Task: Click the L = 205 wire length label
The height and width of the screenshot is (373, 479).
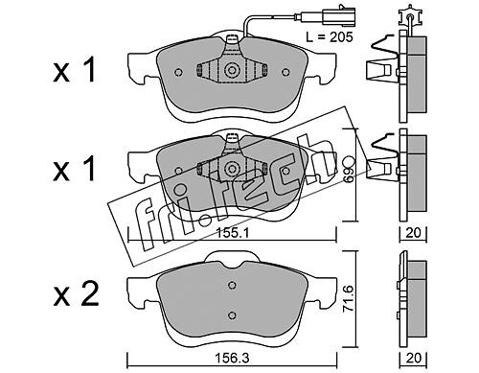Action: (x=330, y=37)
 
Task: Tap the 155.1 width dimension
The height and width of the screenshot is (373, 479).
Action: (x=232, y=233)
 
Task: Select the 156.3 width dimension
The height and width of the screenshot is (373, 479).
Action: (x=232, y=359)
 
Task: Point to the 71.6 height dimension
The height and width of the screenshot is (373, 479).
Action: (x=349, y=299)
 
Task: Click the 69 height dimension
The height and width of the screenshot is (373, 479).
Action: (x=349, y=170)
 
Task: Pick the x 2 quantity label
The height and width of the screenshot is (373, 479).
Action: (x=76, y=294)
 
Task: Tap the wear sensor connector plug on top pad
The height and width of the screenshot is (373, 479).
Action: (x=339, y=15)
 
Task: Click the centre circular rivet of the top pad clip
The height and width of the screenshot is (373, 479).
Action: (x=232, y=71)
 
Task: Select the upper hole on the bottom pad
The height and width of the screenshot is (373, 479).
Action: (x=233, y=285)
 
